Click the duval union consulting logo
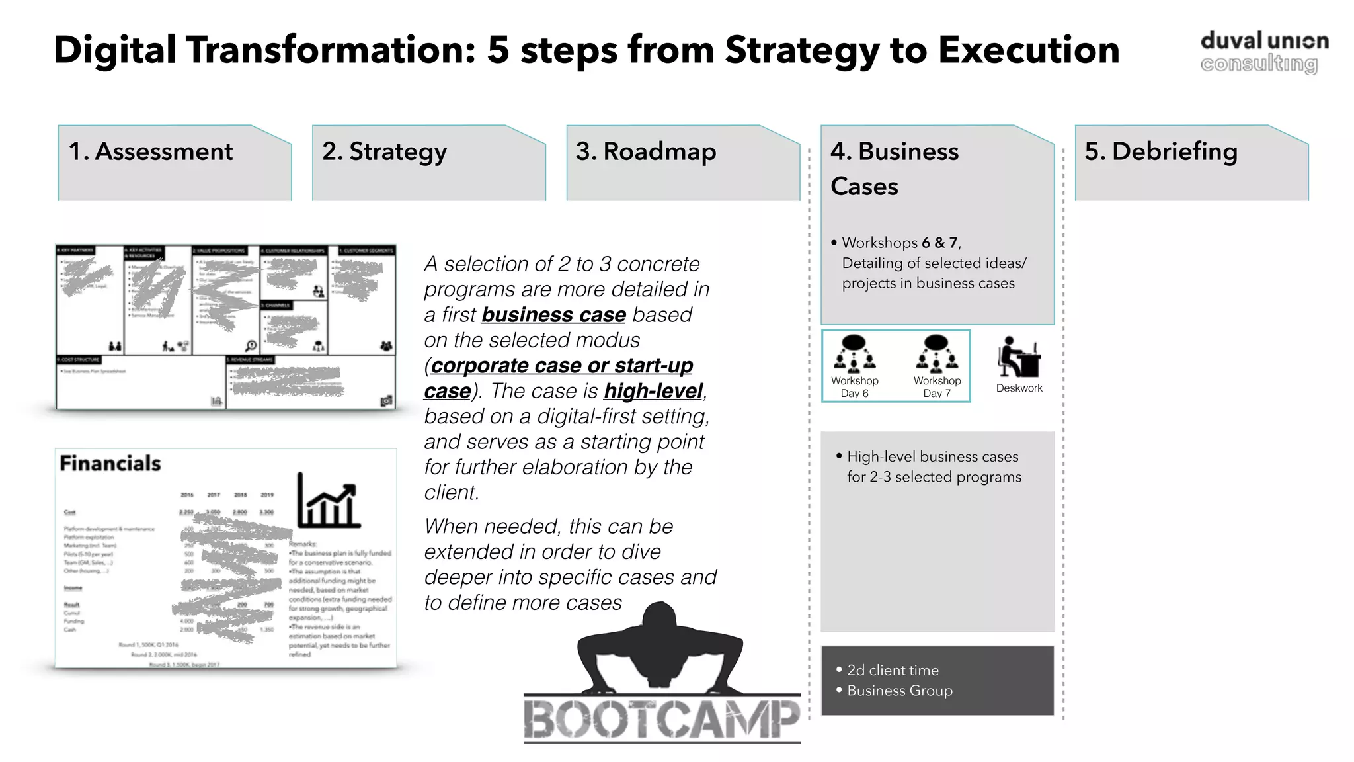pos(1263,52)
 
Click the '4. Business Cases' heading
pos(894,168)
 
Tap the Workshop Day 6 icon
pos(854,353)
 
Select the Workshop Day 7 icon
pos(937,353)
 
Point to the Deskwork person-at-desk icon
pos(1019,357)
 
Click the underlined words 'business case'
pos(553,315)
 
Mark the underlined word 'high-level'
pos(653,391)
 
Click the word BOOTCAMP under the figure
pos(662,719)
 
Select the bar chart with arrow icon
pos(329,501)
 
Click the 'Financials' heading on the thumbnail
pos(110,463)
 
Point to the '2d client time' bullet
pos(893,670)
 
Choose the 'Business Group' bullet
pos(899,691)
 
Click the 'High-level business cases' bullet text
pos(932,456)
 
